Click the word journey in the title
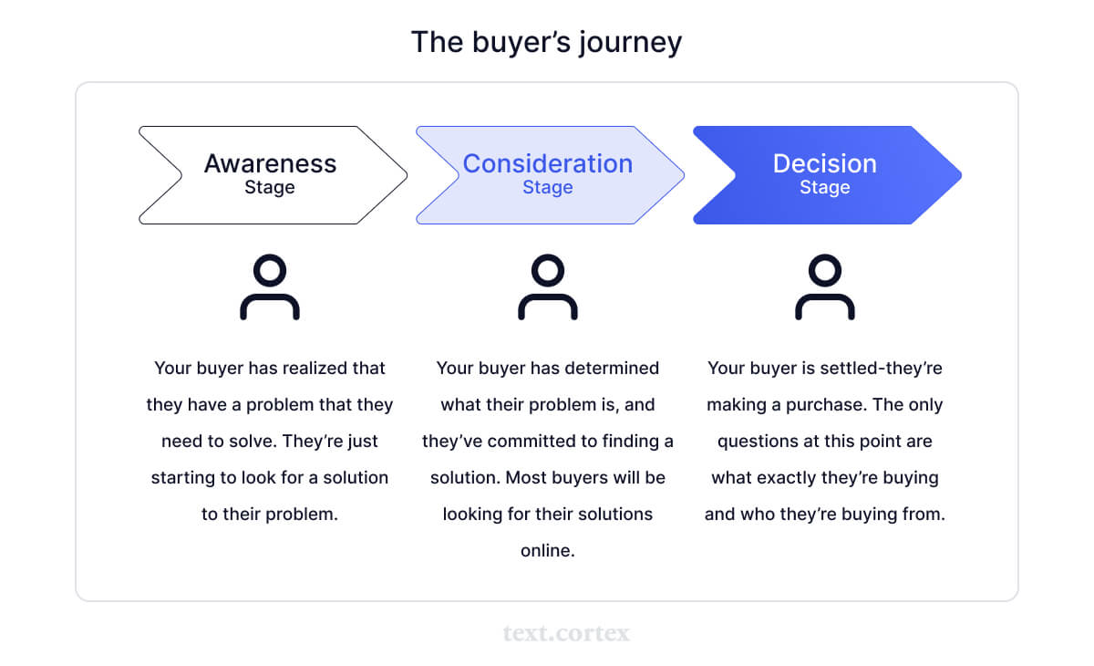pos(630,43)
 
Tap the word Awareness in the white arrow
pos(270,163)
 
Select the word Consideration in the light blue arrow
pos(548,163)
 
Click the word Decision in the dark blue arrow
pos(824,163)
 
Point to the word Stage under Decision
pos(824,188)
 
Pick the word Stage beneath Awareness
pos(270,188)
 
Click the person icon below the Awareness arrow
pos(270,287)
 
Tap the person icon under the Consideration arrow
pos(548,287)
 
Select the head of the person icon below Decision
pos(825,270)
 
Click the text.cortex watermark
pos(566,633)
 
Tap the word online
pos(548,551)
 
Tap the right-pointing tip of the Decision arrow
pos(962,175)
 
